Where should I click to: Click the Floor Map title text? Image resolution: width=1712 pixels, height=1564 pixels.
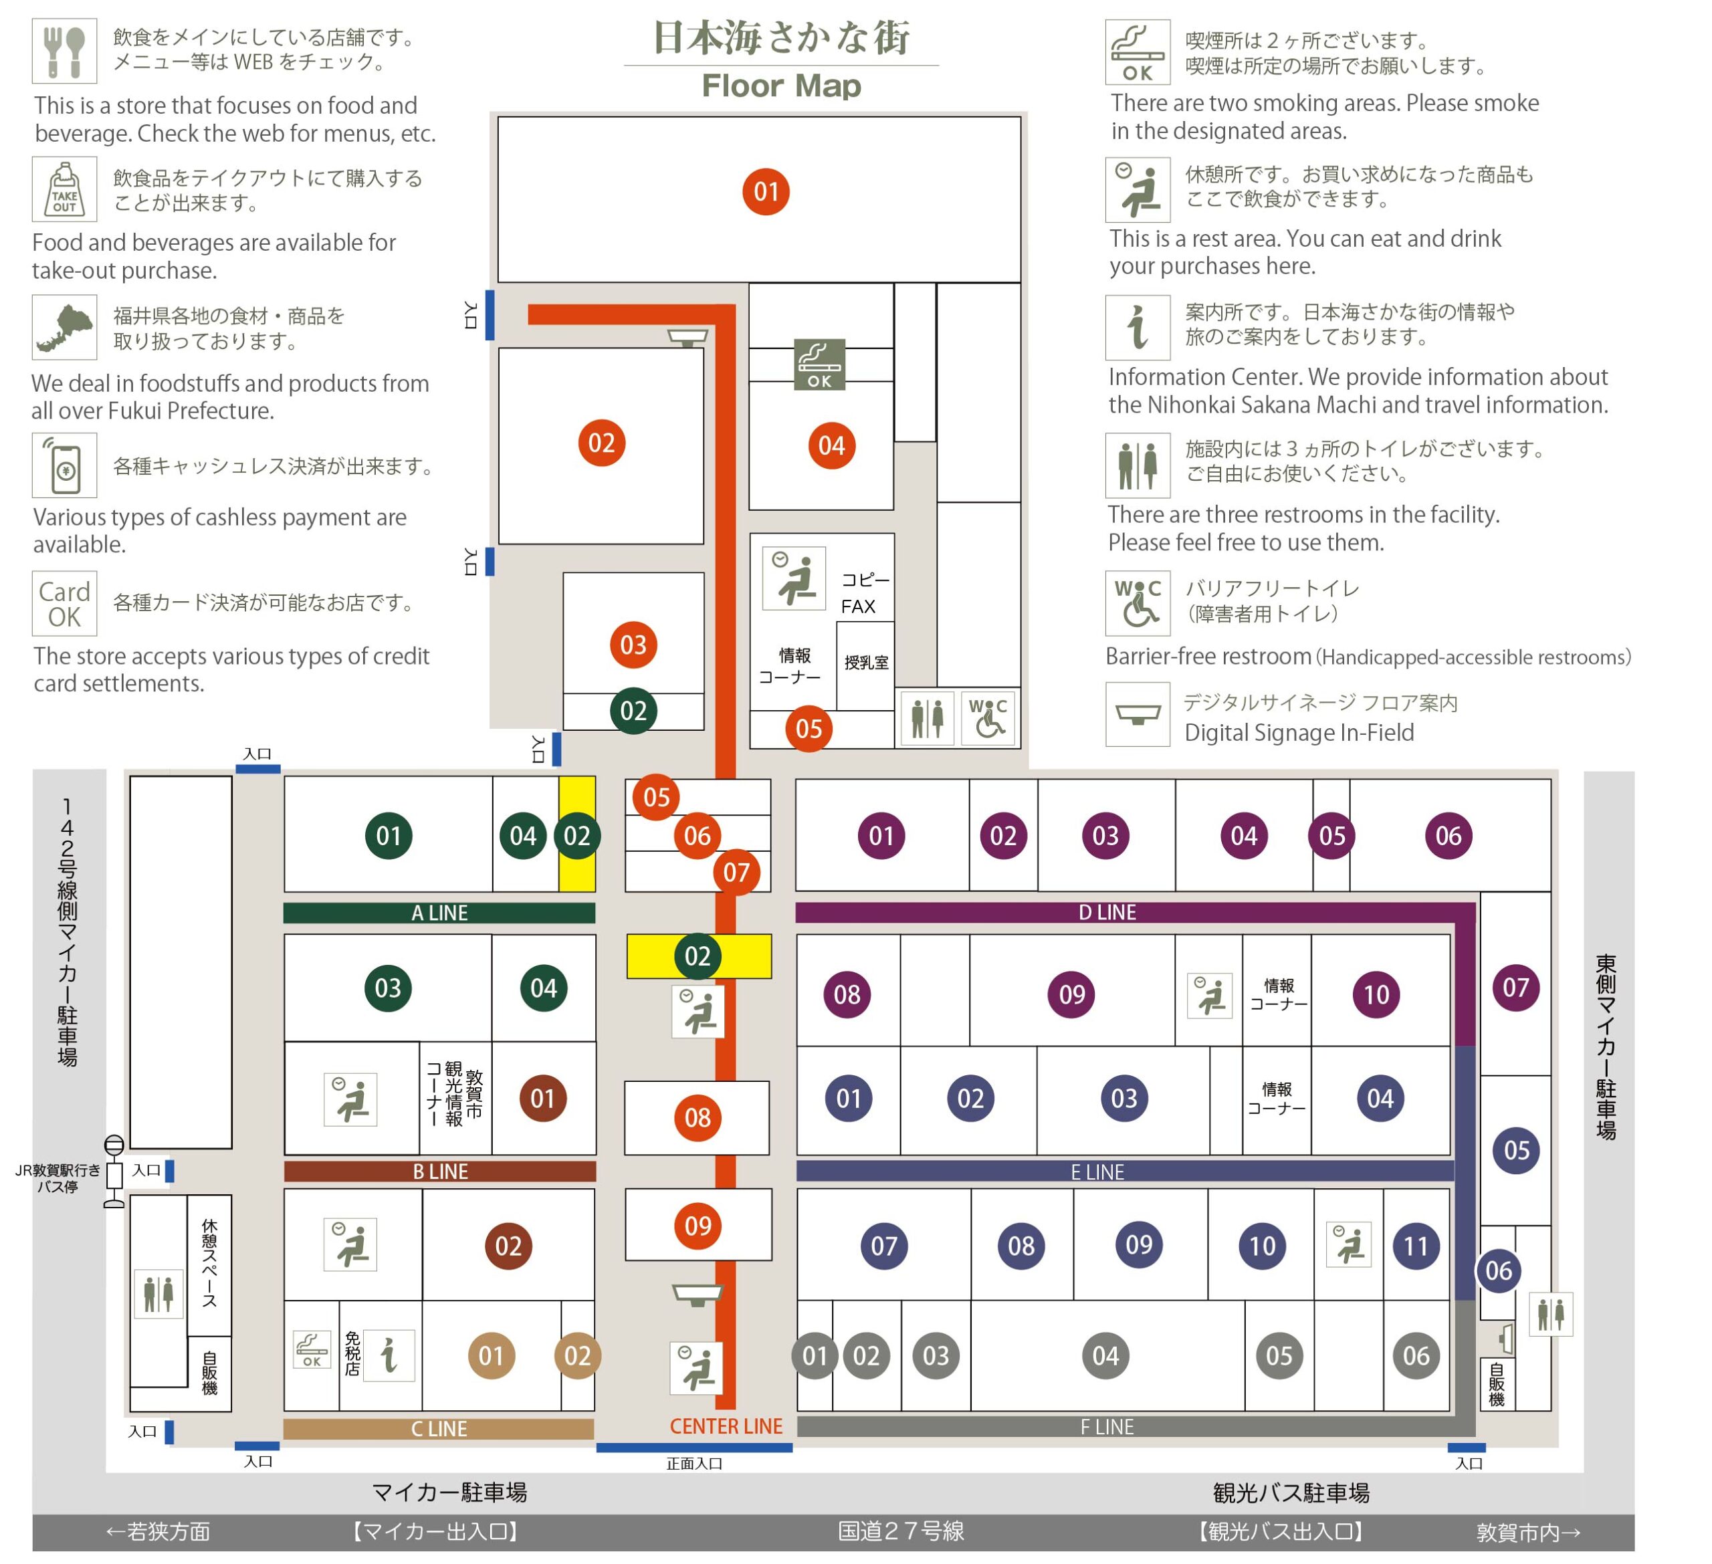(781, 86)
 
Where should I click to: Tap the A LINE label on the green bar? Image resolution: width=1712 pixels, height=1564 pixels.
(440, 913)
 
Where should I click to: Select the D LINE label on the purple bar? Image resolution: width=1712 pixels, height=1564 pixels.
(1107, 912)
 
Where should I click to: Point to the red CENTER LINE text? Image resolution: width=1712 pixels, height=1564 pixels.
(726, 1426)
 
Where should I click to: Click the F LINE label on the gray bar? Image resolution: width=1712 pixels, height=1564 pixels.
(1107, 1428)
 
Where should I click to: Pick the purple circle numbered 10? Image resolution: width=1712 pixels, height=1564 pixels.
(1376, 994)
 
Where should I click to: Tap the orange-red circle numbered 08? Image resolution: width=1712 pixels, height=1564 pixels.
(698, 1117)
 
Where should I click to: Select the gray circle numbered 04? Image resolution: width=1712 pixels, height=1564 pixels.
(1105, 1356)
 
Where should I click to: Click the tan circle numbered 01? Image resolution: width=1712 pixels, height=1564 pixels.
(492, 1356)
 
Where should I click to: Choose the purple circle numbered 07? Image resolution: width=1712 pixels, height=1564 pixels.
(1516, 988)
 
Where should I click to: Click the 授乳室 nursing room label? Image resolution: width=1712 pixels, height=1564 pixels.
(866, 662)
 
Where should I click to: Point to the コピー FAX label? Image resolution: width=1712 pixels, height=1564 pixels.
(865, 592)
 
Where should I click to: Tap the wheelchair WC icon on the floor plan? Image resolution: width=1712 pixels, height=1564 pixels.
(988, 718)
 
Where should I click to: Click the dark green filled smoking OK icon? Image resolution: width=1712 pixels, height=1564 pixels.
(819, 364)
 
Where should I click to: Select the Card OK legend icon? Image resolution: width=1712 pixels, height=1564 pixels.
(65, 604)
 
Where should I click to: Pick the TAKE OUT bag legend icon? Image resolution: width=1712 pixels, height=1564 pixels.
(65, 189)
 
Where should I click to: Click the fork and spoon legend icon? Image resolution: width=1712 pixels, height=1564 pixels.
(65, 51)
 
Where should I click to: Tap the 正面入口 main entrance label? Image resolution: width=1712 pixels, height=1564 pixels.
(695, 1463)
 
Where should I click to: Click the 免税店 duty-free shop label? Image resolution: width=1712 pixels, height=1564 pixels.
(352, 1353)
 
